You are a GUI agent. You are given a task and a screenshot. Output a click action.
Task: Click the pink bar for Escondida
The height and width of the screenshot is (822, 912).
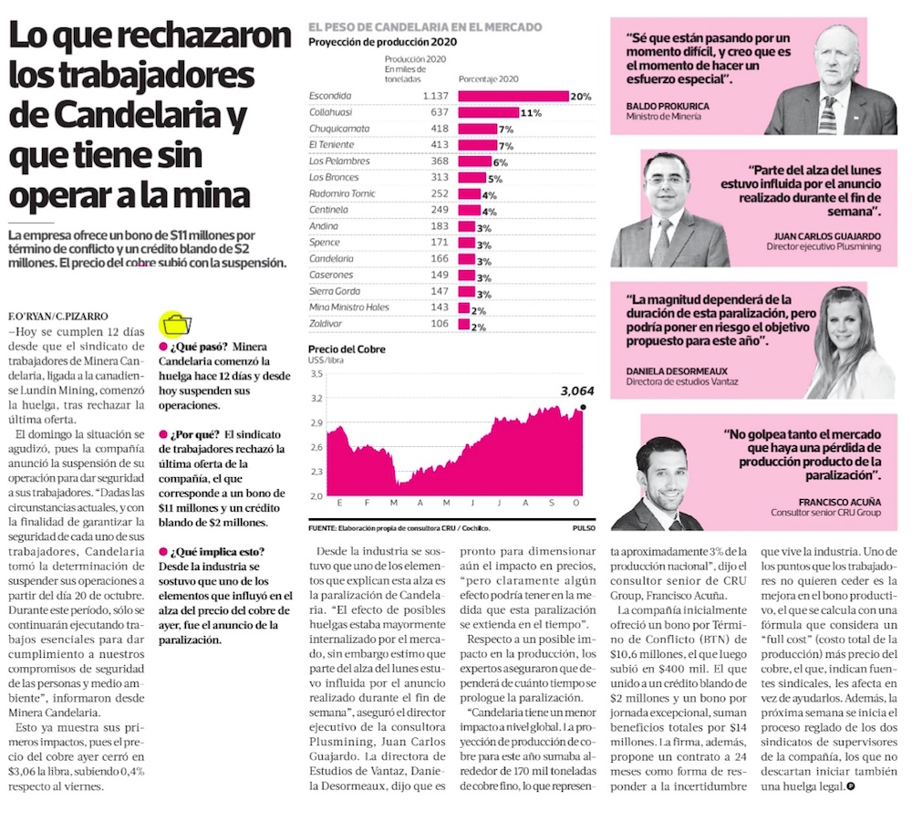coord(512,96)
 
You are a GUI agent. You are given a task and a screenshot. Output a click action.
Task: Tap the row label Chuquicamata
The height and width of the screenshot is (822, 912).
coord(339,129)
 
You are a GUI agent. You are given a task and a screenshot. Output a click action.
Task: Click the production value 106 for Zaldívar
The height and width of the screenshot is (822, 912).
coord(440,324)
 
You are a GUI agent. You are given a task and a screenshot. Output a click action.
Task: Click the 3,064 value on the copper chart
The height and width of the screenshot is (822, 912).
coord(565,391)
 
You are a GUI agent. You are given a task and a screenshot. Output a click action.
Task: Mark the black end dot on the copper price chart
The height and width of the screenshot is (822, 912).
coord(582,407)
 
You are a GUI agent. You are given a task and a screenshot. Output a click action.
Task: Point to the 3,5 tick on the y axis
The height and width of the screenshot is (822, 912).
coord(317,374)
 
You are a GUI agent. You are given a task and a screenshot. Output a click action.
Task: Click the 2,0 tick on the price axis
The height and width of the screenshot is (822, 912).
coord(317,495)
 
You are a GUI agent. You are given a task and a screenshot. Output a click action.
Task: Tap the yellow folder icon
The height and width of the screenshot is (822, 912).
coord(174,324)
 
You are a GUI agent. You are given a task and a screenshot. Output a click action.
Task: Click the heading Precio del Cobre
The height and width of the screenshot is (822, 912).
coord(347,349)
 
